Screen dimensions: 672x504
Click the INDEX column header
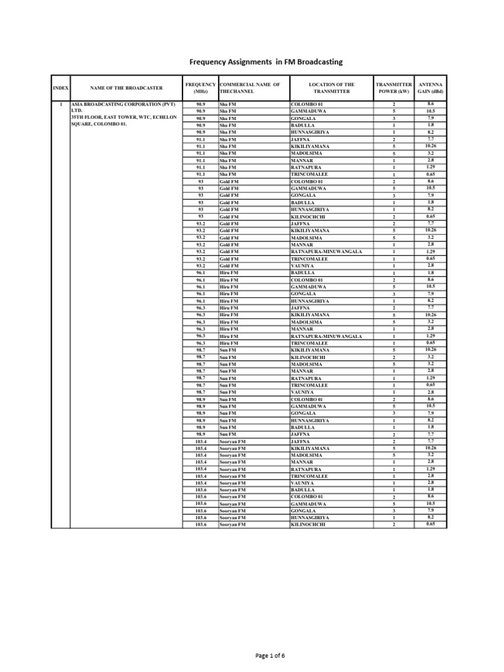pos(60,88)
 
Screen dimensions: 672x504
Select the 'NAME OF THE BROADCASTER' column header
pos(125,88)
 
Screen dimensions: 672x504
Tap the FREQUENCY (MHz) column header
pos(200,88)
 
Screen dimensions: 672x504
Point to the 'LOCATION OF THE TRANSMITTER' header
pos(331,88)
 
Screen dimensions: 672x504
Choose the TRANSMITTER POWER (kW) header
pos(394,88)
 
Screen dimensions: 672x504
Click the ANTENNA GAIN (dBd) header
pos(430,88)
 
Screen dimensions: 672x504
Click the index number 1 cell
pos(60,104)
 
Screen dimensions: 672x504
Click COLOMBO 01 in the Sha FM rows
pos(307,104)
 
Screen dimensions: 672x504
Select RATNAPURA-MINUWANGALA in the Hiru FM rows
pos(326,336)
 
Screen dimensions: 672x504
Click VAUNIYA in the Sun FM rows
pos(303,392)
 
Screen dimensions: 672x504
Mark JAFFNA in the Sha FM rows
pos(300,140)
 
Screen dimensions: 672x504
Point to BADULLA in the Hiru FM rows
pos(303,272)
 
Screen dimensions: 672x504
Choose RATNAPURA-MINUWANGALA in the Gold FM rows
pos(326,251)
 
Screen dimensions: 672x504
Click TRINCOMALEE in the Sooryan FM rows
pos(310,476)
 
